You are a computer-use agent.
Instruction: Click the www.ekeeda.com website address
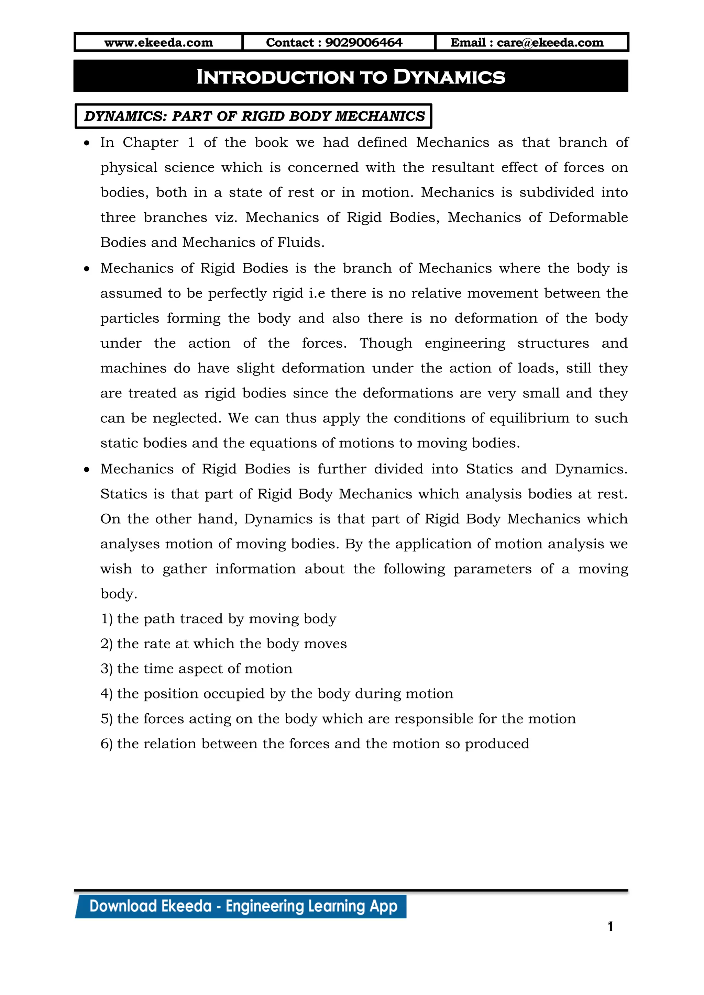159,43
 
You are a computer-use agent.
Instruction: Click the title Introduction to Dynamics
351,77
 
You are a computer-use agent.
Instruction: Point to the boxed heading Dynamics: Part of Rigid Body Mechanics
254,116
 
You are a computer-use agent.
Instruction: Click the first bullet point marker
87,143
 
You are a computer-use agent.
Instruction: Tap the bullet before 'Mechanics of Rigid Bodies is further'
87,470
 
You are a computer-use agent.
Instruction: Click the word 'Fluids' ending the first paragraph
300,242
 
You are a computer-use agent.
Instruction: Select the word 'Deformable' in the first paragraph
588,217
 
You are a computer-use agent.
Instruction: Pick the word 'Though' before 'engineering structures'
385,343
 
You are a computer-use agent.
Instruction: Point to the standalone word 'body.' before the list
119,594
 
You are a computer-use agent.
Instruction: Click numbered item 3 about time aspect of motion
196,669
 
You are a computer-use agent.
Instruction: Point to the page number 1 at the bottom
610,927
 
